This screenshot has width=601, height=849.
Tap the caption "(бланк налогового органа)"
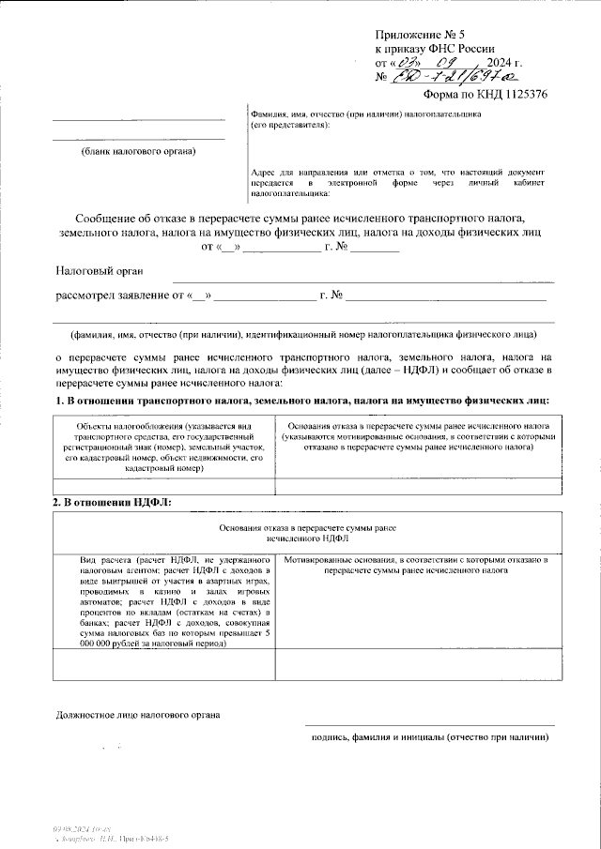(x=138, y=151)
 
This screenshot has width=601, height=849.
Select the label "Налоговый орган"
(x=100, y=271)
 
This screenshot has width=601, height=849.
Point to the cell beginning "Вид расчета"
(x=163, y=600)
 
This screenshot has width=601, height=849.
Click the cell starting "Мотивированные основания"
(x=415, y=564)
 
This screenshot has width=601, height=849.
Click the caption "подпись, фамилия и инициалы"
(x=429, y=737)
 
